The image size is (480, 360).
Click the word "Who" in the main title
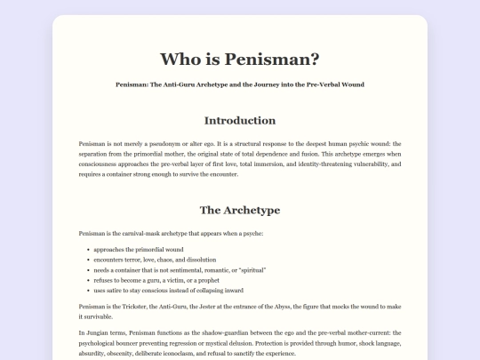click(x=181, y=59)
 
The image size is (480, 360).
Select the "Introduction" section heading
click(x=240, y=120)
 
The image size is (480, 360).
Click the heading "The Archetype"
click(x=240, y=211)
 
